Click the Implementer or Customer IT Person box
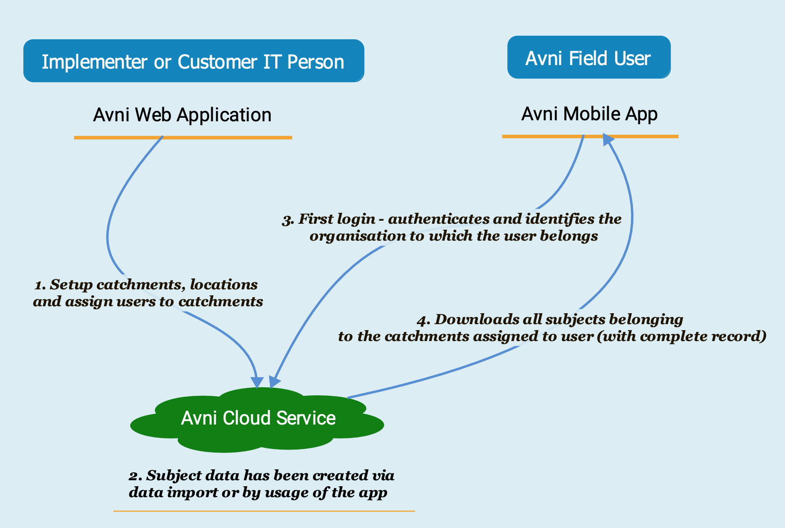pyautogui.click(x=193, y=61)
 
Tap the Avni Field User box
pyautogui.click(x=588, y=58)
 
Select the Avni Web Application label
pyautogui.click(x=182, y=115)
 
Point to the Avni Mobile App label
pyautogui.click(x=589, y=114)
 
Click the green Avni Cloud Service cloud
pyautogui.click(x=257, y=420)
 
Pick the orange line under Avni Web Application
pyautogui.click(x=183, y=137)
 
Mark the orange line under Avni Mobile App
pyautogui.click(x=590, y=136)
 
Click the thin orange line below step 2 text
pyautogui.click(x=264, y=511)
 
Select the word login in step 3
pyautogui.click(x=356, y=219)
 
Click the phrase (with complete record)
pyautogui.click(x=681, y=337)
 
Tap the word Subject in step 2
pyautogui.click(x=169, y=476)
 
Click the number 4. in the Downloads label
pyautogui.click(x=423, y=320)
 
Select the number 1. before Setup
pyautogui.click(x=40, y=285)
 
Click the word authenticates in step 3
pyautogui.click(x=429, y=219)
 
